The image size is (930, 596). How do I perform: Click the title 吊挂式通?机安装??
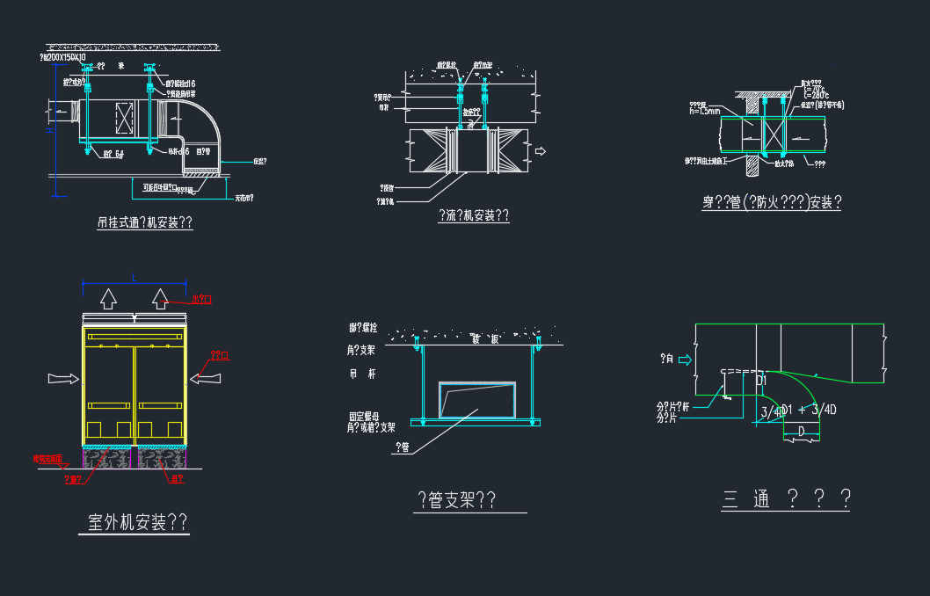[x=144, y=223]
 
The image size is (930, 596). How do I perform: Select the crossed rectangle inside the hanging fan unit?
[x=123, y=118]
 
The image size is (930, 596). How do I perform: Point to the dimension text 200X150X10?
[x=72, y=57]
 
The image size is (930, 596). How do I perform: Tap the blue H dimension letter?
[x=50, y=129]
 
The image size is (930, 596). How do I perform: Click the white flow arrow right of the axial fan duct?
[x=541, y=152]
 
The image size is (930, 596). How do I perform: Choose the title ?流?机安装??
[x=473, y=216]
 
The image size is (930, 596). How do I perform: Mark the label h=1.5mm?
[x=705, y=112]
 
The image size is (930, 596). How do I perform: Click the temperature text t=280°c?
[x=817, y=96]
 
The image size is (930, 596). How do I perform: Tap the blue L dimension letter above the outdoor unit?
[x=134, y=278]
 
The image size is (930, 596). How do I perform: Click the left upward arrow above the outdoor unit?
[x=107, y=299]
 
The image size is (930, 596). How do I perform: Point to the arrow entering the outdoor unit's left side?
[x=64, y=378]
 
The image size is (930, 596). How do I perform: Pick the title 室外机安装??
[x=138, y=523]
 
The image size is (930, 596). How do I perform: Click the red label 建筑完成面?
[x=47, y=459]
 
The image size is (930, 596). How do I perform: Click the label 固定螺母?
[x=363, y=418]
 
